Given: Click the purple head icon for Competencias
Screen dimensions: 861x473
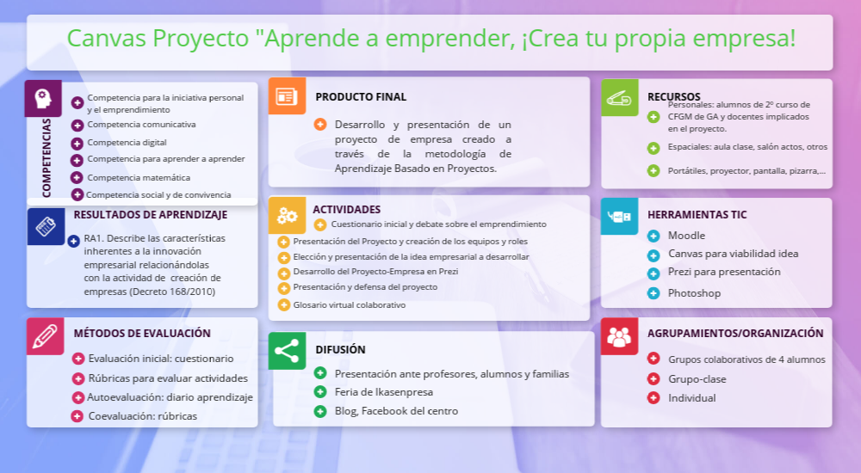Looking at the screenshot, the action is coord(43,98).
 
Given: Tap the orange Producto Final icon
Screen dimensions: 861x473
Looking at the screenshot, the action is coord(287,96).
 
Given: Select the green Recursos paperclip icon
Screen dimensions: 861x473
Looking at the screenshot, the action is coord(619,98).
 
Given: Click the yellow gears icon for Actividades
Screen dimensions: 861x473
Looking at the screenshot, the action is coord(287,216).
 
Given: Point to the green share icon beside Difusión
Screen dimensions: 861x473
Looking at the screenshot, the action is coord(287,351).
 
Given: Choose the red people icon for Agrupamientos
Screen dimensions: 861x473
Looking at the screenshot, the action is coord(619,336).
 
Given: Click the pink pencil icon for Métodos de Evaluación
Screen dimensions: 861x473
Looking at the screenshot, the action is coord(46,336).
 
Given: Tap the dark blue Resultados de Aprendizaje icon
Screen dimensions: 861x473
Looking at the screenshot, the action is coord(46,226).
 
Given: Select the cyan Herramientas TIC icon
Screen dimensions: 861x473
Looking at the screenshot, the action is coord(619,216).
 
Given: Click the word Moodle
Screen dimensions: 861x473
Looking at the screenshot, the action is coord(686,236).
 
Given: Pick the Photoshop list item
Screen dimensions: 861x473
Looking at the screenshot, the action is coord(694,293).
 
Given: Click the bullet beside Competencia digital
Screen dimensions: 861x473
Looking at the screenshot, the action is coord(77,144).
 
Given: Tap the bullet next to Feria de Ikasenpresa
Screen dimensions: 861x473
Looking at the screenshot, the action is coord(320,392).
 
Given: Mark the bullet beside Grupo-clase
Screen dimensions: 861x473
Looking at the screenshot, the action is coord(653,378).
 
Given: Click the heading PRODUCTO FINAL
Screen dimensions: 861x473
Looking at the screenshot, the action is coord(361,97).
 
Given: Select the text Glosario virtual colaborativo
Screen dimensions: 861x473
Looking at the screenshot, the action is coord(350,305).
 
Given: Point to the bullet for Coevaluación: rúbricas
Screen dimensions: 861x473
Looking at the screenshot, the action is coord(77,416).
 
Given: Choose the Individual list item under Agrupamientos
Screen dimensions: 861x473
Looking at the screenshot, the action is coord(692,398).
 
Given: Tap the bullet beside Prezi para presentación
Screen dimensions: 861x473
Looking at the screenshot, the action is coord(653,273).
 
